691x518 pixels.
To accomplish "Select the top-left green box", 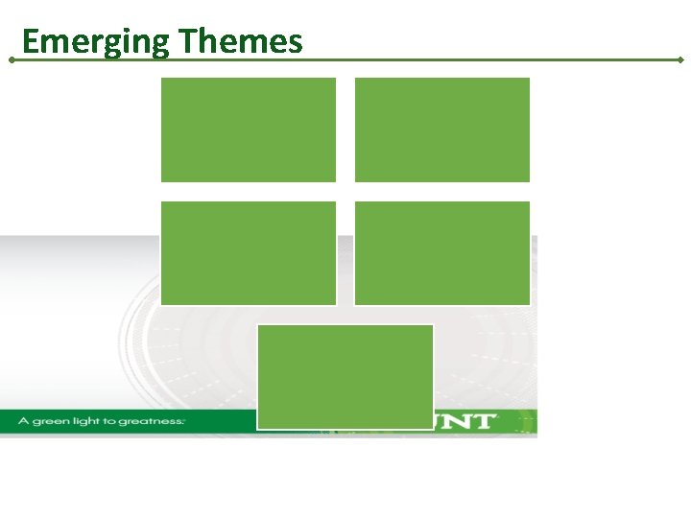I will click(x=249, y=129).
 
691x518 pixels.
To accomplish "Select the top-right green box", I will click(x=442, y=129).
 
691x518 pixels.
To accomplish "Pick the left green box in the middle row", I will click(x=249, y=253).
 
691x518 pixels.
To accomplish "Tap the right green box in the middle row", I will click(x=442, y=253).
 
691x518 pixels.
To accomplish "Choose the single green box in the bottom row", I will click(x=345, y=377).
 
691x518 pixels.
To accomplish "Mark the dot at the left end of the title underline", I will click(x=11, y=59).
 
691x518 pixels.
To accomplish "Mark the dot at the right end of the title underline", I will click(x=680, y=59).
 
